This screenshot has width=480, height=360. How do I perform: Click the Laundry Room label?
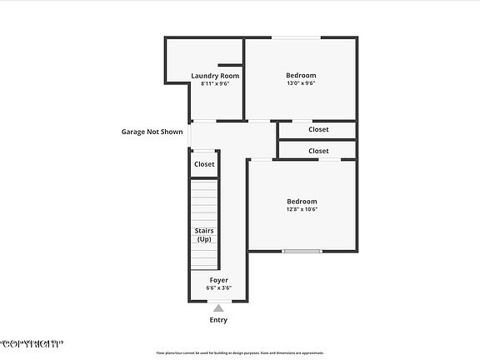coord(215,76)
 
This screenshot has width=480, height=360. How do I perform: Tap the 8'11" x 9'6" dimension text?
coord(215,83)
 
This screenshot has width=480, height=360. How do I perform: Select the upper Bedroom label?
coord(302,76)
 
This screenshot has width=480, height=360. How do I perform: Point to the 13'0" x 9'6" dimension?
coord(302,83)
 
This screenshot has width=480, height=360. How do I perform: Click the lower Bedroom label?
coord(302,201)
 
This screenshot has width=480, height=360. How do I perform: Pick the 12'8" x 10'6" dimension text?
coord(302,209)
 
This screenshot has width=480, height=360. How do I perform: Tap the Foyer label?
coord(218,280)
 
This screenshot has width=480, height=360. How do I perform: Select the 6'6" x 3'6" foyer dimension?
coord(218,288)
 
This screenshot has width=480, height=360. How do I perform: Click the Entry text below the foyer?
coord(218,320)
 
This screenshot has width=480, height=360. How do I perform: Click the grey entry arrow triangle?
coord(218,308)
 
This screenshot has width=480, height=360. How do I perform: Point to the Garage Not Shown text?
coord(152,132)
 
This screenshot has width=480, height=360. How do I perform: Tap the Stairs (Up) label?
coord(204,234)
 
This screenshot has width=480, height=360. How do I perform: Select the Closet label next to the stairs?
coord(204,164)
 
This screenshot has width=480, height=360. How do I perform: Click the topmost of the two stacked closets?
coord(318,129)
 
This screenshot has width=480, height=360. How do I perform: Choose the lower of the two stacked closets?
coord(318,151)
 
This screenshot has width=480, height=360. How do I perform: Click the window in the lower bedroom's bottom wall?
coord(302,251)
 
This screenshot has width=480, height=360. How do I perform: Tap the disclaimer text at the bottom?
coord(240,352)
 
